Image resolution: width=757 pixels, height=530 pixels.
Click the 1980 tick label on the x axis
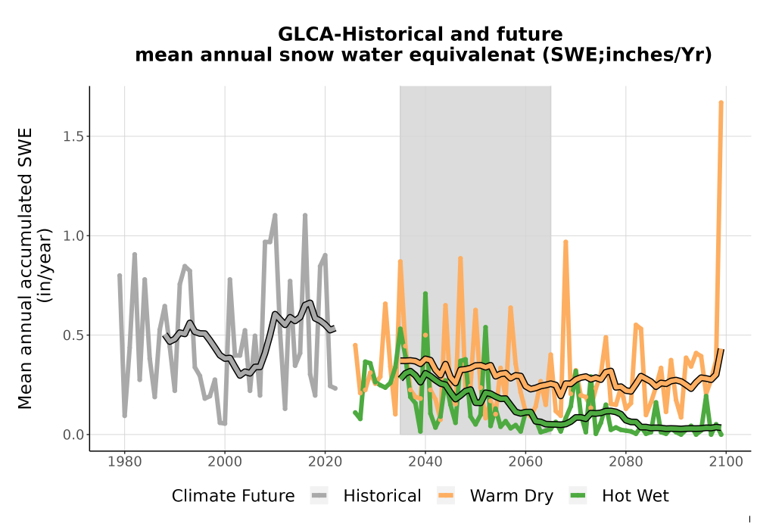tap(125, 461)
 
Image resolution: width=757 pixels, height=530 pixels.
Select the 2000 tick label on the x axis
tap(225, 461)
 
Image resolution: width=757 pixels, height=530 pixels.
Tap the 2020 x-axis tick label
tap(325, 461)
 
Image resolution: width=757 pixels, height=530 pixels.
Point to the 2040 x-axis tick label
tap(425, 461)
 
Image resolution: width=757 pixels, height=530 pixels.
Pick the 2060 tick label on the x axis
tap(525, 461)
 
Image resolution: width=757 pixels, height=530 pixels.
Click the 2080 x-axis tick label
tap(626, 461)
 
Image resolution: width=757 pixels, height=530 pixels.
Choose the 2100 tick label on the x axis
tap(726, 461)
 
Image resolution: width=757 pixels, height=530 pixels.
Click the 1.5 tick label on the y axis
tap(73, 136)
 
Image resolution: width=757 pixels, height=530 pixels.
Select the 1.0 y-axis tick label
tap(73, 236)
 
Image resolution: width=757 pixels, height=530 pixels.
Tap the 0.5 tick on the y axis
tap(73, 335)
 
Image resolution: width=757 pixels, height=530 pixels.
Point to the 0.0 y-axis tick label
tap(73, 435)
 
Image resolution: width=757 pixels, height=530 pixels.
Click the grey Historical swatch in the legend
tap(319, 496)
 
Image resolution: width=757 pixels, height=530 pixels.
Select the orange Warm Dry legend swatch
tap(446, 496)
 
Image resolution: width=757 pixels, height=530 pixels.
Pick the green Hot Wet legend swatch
tap(578, 496)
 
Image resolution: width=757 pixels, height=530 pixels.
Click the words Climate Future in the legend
tap(233, 496)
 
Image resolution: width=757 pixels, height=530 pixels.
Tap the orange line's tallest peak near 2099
tap(721, 102)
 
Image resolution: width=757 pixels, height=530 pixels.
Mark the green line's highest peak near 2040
tap(425, 294)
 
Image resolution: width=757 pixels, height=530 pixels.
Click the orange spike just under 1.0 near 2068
tap(565, 242)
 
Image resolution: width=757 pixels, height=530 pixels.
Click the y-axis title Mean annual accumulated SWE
tap(25, 268)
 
